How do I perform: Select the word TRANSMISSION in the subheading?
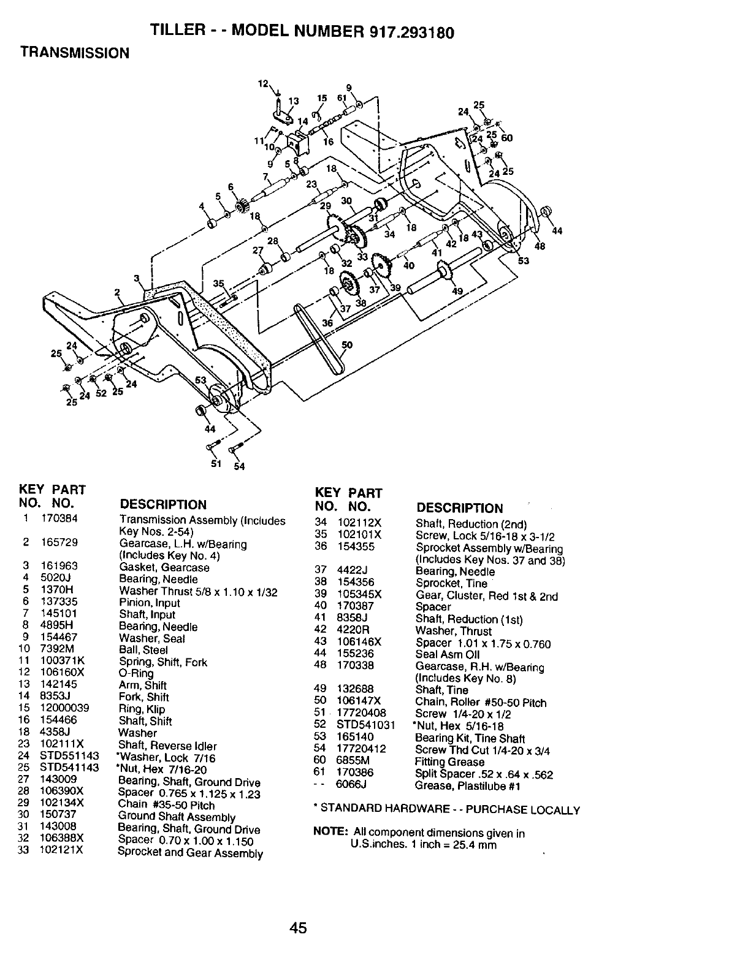pyautogui.click(x=75, y=53)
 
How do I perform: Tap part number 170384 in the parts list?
pyautogui.click(x=59, y=519)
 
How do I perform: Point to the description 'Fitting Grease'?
pyautogui.click(x=449, y=762)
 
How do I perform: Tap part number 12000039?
pyautogui.click(x=64, y=708)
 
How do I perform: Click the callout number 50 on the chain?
pyautogui.click(x=346, y=345)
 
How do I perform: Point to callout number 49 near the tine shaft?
pyautogui.click(x=457, y=292)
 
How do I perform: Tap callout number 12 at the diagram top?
pyautogui.click(x=263, y=84)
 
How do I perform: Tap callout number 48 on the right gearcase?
pyautogui.click(x=539, y=247)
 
